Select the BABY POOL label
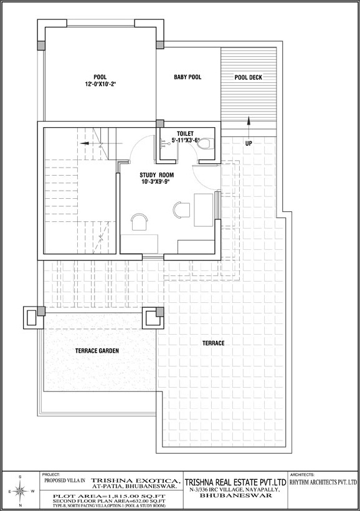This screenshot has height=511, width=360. click(187, 77)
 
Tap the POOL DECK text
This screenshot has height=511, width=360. click(248, 78)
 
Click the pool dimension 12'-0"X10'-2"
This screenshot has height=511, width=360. click(99, 84)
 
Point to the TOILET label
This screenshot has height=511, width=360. click(185, 133)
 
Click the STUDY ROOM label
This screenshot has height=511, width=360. click(156, 174)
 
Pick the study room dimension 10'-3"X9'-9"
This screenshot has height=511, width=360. click(156, 183)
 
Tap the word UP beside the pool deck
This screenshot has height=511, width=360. click(248, 143)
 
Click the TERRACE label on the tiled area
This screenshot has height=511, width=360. click(213, 343)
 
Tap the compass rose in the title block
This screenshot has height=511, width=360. click(20, 491)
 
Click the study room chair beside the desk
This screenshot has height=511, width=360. click(181, 209)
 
